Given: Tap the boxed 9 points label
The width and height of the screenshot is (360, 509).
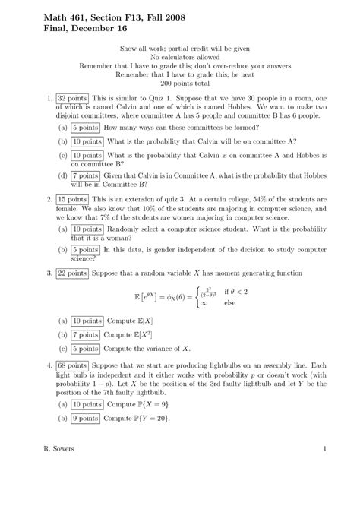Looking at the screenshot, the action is (86, 418).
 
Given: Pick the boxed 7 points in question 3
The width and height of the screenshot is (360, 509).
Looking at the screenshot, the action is (86, 335).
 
